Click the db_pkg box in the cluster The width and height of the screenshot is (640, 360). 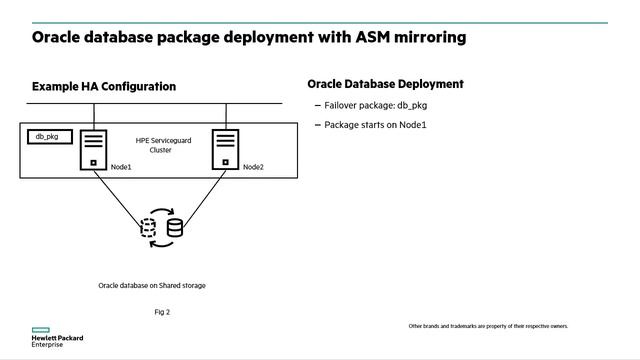point(48,137)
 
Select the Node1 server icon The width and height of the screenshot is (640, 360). point(94,149)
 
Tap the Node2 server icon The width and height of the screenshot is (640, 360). point(225,149)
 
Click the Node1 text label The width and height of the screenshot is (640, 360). point(121,167)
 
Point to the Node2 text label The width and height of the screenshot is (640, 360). point(253,167)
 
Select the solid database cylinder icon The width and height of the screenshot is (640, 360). point(175,228)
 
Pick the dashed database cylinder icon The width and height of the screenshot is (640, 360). point(148,227)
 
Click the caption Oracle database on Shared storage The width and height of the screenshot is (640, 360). point(152,285)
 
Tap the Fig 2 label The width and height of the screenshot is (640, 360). point(162,312)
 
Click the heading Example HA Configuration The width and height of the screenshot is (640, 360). point(104,87)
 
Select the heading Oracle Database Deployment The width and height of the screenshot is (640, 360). point(385,84)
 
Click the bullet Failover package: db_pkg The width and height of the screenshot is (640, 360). point(365,105)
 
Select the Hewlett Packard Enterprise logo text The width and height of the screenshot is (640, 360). point(57,341)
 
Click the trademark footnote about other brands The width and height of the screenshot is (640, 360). point(488,326)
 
